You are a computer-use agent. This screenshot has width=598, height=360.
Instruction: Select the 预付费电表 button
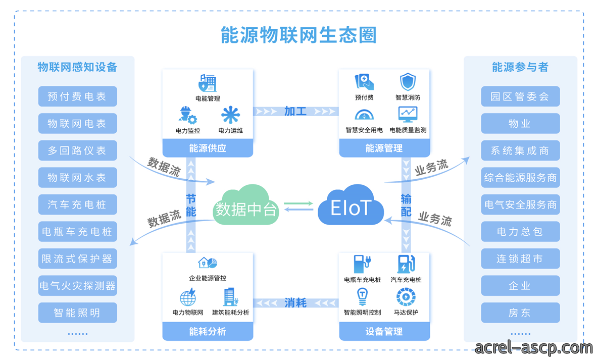[x=77, y=96]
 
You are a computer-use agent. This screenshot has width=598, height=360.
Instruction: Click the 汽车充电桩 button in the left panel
[x=77, y=204]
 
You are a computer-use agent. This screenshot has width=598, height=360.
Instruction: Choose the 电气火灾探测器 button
[x=77, y=286]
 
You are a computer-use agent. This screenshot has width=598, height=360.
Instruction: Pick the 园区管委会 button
[x=520, y=96]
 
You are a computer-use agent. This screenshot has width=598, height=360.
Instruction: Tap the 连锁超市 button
[x=520, y=259]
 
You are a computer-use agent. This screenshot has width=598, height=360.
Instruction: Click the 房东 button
[x=520, y=313]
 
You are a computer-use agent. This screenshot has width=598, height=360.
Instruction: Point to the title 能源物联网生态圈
[x=298, y=35]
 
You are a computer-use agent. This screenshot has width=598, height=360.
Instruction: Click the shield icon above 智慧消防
[x=408, y=82]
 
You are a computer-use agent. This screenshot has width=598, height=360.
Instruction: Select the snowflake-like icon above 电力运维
[x=230, y=115]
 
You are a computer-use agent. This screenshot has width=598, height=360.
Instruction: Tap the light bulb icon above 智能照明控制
[x=362, y=297]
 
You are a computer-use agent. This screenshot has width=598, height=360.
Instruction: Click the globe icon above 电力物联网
[x=188, y=297]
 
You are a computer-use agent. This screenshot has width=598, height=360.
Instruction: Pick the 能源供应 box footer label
[x=208, y=148]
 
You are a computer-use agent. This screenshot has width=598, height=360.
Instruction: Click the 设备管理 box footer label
[x=384, y=331]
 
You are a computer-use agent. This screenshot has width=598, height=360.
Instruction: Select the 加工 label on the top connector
[x=295, y=112]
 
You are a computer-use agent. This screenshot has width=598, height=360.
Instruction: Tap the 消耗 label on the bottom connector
[x=295, y=303]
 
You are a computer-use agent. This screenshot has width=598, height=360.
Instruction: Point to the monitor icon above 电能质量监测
[x=408, y=115]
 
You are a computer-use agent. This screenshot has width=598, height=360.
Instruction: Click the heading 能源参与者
[x=520, y=67]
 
